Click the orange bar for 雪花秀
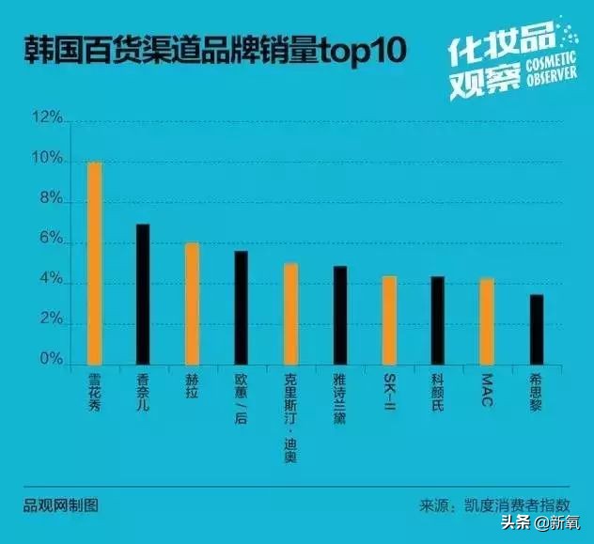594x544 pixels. [x=94, y=263]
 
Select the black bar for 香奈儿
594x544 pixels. [x=143, y=294]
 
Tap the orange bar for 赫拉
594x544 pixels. [x=192, y=303]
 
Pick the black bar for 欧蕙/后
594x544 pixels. [x=241, y=307]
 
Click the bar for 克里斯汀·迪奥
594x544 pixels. [x=290, y=314]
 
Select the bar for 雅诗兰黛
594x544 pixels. [x=339, y=316]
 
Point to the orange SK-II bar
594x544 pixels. [x=388, y=320]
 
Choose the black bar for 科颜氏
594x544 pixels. [x=437, y=320]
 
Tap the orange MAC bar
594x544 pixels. [x=486, y=321]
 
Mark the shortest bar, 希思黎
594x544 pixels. [x=536, y=330]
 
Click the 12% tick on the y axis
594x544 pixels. [x=46, y=119]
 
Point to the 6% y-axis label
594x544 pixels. [x=50, y=241]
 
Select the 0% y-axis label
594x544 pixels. [x=50, y=360]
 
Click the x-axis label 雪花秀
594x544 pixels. [x=94, y=392]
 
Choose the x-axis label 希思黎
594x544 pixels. [x=536, y=392]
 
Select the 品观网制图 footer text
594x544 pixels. [x=61, y=505]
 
